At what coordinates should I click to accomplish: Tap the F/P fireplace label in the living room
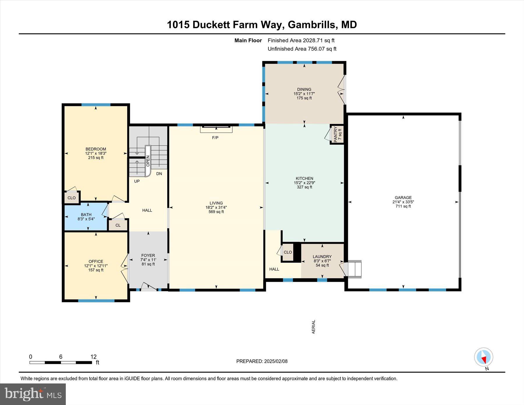pos(215,138)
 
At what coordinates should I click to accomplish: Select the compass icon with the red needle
pos(484,357)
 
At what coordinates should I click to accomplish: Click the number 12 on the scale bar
pos(93,357)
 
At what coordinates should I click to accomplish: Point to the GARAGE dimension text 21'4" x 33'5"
pos(403,202)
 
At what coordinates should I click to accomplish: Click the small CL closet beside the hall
pos(118,225)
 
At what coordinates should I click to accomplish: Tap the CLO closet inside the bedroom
pos(72,198)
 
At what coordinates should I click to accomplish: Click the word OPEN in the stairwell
pos(148,161)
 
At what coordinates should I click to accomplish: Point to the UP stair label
pos(137,181)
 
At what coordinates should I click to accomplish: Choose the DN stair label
pos(159,174)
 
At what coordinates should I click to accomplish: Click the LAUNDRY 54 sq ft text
pos(322,265)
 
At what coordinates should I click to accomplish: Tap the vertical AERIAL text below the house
pos(314,327)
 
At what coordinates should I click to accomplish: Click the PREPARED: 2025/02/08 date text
pos(262,361)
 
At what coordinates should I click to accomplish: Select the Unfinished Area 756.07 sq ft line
pos(302,49)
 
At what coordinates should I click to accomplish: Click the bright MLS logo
pos(33,394)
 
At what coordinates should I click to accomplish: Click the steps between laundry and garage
pos(354,269)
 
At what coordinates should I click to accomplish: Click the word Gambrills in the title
pos(311,25)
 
